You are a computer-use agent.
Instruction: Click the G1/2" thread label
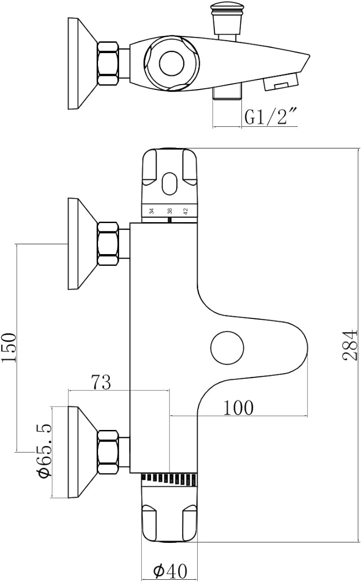click(271, 117)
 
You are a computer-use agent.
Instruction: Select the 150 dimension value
click(9, 347)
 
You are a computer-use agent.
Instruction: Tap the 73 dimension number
click(101, 382)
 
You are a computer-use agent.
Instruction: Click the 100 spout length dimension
click(238, 407)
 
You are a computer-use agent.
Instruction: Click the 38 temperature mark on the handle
click(169, 211)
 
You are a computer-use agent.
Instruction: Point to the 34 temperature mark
click(152, 211)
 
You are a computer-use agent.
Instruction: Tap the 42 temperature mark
click(185, 211)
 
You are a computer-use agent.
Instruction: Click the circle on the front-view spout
click(227, 348)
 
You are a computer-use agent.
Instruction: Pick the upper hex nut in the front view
click(108, 243)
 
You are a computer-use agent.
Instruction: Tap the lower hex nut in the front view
click(108, 452)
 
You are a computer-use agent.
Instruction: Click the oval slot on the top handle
click(169, 184)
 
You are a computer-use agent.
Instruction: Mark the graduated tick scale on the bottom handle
click(169, 479)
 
